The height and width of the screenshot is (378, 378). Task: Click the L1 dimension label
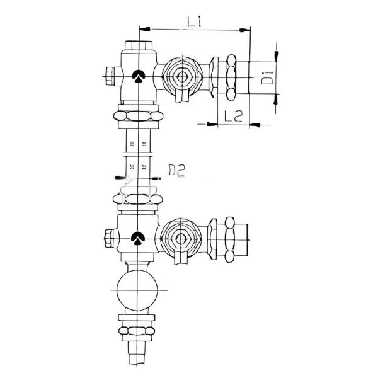[194, 23]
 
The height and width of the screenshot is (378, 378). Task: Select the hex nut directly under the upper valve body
[139, 116]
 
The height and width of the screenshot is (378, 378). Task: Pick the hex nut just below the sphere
[138, 330]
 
